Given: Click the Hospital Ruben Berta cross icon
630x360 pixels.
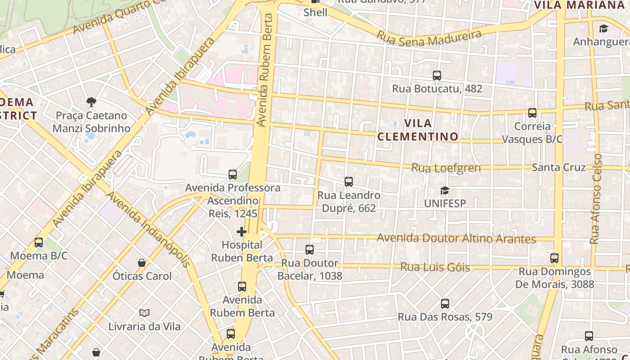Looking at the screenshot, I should coord(242,232).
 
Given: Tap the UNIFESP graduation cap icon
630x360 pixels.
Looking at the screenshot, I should coord(445,191).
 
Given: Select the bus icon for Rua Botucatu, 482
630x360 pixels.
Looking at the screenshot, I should coord(436,76).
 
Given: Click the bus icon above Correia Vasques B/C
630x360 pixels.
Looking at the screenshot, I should coord(532,113).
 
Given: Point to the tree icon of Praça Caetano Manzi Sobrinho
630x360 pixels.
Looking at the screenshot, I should coord(91,102).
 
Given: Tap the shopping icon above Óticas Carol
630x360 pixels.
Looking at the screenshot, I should coord(142,263).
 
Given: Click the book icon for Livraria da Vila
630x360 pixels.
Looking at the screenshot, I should coord(144,313).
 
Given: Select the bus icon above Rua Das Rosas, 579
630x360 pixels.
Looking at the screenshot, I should coord(445,304).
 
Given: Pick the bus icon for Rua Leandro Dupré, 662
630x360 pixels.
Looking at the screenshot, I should coord(349,182).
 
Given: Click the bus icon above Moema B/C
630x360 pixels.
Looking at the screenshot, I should coord(39,243).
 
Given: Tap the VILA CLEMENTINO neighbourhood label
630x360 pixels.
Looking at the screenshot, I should coord(418,130).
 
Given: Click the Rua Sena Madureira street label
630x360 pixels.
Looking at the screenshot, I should coord(429,37).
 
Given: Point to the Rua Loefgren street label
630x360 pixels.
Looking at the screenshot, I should coord(446,168).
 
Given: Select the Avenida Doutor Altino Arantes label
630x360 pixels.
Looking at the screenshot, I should coord(456,238).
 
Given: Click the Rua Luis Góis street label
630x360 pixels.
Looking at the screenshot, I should coord(435,267).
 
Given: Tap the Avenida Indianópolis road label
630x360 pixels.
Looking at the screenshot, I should coord(149,229).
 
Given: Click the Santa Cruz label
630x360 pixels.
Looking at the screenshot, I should coord(558,167).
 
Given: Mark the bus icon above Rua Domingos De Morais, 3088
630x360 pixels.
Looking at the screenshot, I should coord(554,258).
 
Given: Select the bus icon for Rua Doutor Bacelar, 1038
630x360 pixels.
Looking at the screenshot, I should coord(310,250).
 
